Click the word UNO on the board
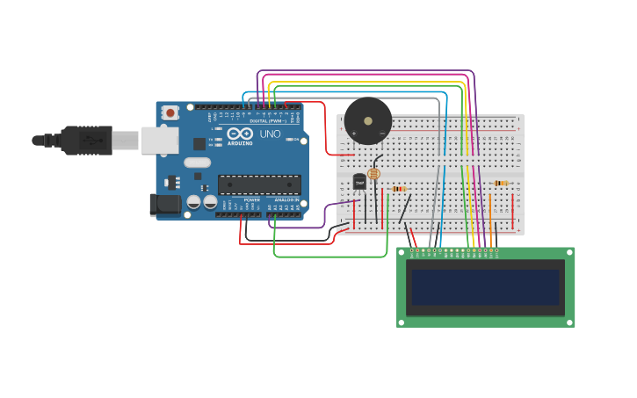270,134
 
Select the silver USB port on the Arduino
160,141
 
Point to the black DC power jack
163,205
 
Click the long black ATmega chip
259,185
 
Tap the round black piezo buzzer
367,121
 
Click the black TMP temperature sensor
359,182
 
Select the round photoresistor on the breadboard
374,174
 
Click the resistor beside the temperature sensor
398,189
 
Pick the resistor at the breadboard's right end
500,184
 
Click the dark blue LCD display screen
486,287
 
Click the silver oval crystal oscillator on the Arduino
198,163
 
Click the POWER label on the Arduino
251,199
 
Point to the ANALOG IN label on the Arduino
285,199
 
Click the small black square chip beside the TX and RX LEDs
199,144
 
